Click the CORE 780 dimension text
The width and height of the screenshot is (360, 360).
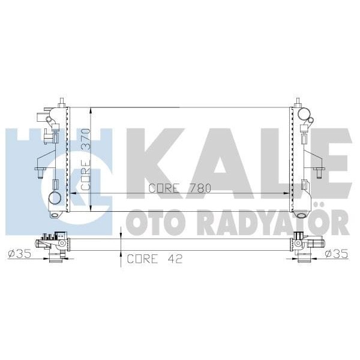(x=180, y=188)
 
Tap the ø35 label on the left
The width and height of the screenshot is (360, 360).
(x=19, y=253)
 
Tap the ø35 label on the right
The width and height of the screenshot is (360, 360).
(x=338, y=253)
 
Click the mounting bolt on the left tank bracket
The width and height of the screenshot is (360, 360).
(x=40, y=173)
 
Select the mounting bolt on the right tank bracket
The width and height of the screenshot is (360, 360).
(x=321, y=173)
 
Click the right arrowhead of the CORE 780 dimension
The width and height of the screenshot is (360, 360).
(x=289, y=193)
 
